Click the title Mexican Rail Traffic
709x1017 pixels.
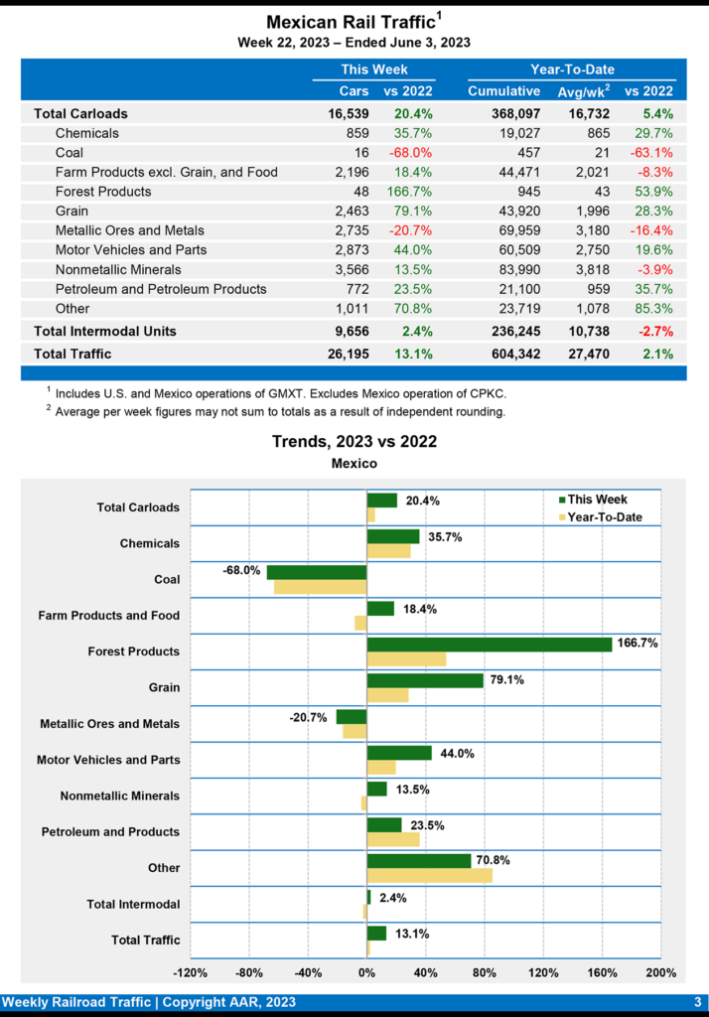point(351,22)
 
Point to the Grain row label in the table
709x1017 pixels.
point(71,211)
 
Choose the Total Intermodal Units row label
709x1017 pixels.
point(105,331)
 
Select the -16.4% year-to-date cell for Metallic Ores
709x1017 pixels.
point(650,229)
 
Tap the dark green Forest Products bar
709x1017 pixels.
point(489,644)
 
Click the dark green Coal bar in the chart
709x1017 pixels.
point(317,572)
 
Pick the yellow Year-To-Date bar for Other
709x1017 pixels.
point(429,875)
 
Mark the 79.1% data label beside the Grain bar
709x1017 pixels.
point(506,679)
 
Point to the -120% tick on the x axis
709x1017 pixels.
point(190,972)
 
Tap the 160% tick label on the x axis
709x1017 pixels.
point(602,972)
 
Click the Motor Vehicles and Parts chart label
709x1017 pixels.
point(108,760)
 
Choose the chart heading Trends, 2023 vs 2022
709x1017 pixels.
point(354,442)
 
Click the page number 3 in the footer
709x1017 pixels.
point(697,1002)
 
